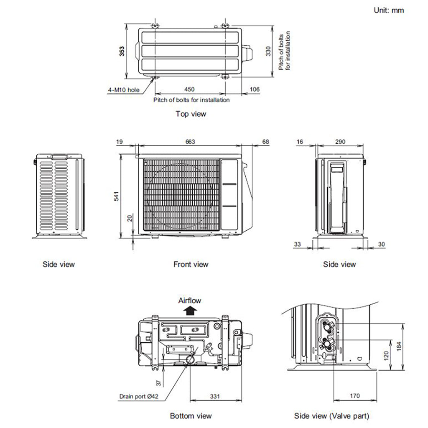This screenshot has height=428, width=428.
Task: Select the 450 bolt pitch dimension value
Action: pos(189,89)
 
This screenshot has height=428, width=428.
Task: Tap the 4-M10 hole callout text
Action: pos(123,90)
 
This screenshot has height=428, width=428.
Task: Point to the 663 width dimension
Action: pos(190,142)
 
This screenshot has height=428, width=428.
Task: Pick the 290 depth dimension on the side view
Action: pos(340,142)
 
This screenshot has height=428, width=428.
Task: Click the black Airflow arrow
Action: pos(191,310)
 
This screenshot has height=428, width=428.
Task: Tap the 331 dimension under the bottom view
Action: pos(214,396)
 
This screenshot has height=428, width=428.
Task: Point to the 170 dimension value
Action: pos(354,396)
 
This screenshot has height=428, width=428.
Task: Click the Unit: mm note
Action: pos(389,10)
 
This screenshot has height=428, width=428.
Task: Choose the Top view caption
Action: pos(191,114)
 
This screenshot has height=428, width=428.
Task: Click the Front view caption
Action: pos(191,264)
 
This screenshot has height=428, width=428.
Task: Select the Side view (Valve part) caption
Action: pos(331,416)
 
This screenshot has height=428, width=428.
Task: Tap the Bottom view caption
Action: pos(191,416)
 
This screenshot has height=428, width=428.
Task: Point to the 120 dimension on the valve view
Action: pos(387,355)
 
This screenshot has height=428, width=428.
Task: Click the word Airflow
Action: pos(190,301)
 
